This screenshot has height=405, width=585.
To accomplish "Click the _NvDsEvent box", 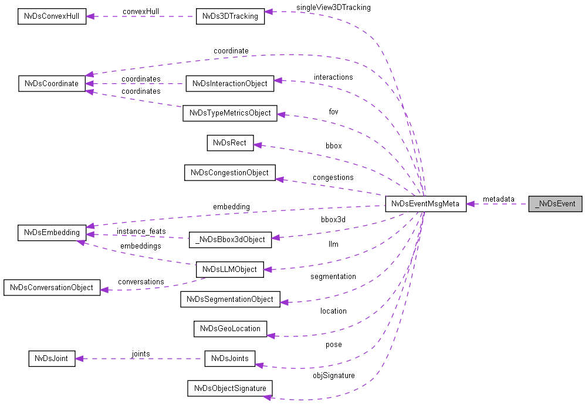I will click(555, 204).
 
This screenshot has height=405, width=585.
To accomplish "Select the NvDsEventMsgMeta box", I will click(425, 204).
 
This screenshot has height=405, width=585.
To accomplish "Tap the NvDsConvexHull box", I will click(52, 16).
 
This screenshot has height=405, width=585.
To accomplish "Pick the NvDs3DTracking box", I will click(230, 16).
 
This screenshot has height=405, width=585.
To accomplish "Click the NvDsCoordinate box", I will click(52, 83).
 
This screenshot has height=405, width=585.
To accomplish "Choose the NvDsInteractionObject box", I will click(230, 83).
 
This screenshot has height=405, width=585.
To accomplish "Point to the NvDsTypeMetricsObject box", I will click(229, 113).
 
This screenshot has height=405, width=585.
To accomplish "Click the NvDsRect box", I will click(230, 142).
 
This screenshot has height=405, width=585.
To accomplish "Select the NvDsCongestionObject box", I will click(230, 173).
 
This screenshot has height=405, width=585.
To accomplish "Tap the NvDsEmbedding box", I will click(52, 232).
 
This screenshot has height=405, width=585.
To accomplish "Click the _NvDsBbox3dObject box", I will click(230, 239).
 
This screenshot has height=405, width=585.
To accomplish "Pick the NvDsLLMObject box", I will click(230, 270).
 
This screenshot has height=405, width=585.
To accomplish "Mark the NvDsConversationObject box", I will click(52, 288).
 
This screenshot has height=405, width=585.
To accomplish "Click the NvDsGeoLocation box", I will click(230, 328).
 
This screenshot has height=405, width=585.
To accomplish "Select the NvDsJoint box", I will click(52, 358).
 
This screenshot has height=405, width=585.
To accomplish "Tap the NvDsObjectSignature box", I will click(230, 388).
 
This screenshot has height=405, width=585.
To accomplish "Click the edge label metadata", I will click(498, 199).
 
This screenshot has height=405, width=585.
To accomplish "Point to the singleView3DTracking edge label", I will click(333, 8).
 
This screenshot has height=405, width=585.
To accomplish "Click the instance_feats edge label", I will click(141, 232).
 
